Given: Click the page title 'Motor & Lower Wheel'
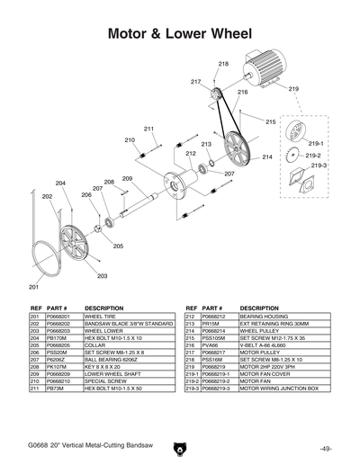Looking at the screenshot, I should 179,34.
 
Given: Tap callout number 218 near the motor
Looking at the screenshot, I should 222,64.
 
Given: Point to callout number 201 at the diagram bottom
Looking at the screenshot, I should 33,287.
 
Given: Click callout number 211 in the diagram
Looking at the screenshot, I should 148,129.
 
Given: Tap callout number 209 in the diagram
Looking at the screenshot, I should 127,179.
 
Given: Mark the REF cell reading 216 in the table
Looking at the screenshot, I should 191,344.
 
